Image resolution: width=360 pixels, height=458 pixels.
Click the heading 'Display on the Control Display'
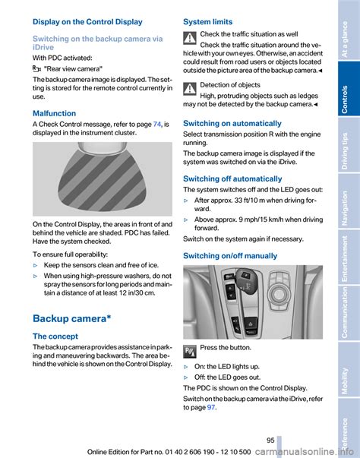[x=87, y=22]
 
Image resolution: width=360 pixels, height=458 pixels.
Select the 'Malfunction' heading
[x=55, y=113]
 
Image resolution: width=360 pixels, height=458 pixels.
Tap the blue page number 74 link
[x=157, y=124]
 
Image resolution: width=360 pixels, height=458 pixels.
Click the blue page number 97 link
[x=211, y=407]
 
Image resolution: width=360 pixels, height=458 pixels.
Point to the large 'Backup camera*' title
[x=72, y=318]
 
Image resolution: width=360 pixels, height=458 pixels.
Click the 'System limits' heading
[x=208, y=22]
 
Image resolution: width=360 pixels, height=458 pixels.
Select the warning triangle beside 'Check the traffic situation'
[x=190, y=38]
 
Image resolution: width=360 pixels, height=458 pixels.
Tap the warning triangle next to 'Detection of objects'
[x=190, y=89]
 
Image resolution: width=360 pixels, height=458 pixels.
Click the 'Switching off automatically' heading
[x=232, y=178]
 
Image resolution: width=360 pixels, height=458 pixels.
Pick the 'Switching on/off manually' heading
[x=230, y=256]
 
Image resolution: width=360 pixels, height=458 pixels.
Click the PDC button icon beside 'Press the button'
[x=190, y=352]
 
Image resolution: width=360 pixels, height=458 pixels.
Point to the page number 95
[x=270, y=441]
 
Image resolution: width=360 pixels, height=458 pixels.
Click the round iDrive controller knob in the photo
[x=279, y=293]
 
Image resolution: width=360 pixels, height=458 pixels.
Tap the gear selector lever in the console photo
[x=246, y=280]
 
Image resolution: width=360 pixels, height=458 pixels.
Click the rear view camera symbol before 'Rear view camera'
[x=36, y=69]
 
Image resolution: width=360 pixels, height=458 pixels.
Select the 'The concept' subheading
[x=55, y=336]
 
